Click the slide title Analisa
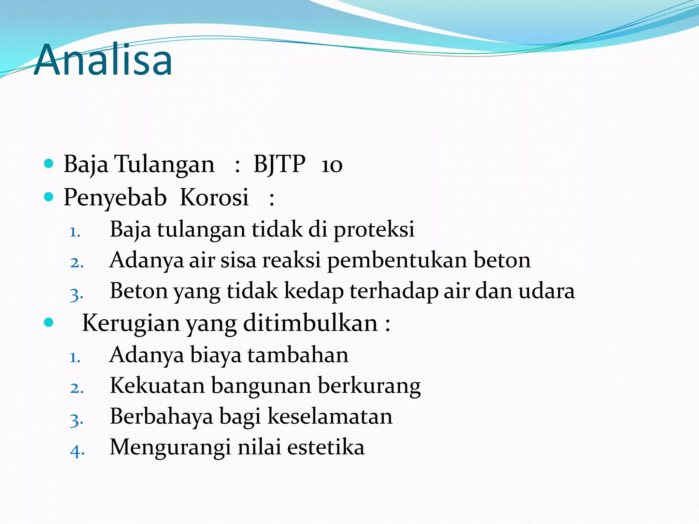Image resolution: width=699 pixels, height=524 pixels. click(103, 60)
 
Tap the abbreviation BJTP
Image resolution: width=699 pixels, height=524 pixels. click(279, 164)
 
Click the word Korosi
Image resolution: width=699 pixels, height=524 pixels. click(214, 197)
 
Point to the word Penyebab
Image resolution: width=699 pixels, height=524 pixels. click(115, 198)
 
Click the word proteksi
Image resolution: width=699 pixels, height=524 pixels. click(374, 229)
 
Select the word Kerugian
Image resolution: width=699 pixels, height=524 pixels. click(131, 323)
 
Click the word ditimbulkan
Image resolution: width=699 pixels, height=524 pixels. click(310, 322)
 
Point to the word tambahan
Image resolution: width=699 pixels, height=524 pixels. click(298, 354)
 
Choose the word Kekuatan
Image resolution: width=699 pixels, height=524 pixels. click(157, 385)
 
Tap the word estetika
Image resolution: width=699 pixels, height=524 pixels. click(326, 447)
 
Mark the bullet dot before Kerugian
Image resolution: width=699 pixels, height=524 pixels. click(49, 322)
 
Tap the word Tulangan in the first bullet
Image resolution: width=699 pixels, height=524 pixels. click(164, 164)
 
